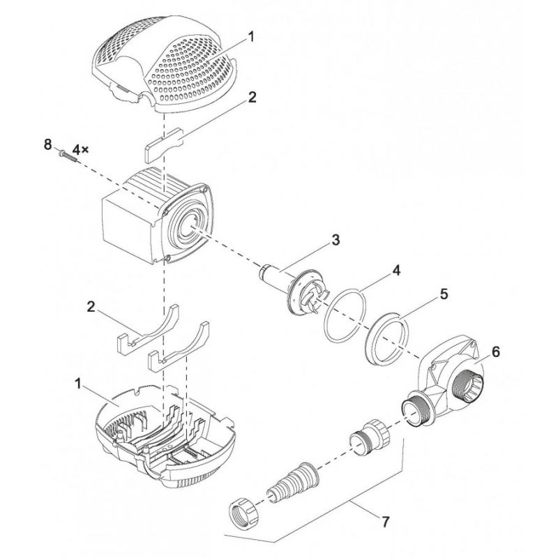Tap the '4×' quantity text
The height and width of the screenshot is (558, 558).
80,148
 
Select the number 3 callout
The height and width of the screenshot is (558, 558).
335,240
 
